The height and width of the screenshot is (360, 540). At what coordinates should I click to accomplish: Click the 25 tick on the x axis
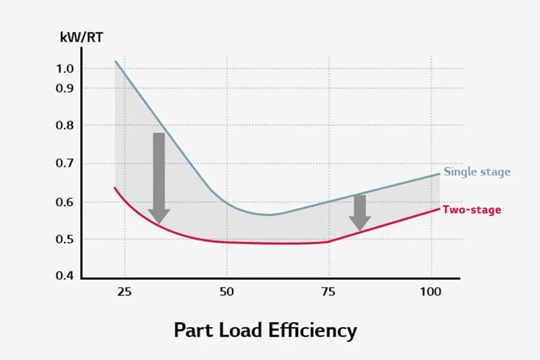(x=124, y=291)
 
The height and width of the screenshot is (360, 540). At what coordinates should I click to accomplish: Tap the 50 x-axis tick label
(x=226, y=291)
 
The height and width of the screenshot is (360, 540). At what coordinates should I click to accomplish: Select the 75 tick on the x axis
(x=329, y=291)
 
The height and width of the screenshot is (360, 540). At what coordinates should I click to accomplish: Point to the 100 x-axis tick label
(x=432, y=291)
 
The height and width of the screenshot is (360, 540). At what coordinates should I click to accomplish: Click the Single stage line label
(x=477, y=172)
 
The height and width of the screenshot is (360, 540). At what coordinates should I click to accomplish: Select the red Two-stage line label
(x=471, y=210)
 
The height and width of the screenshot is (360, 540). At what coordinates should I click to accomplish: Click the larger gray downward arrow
(x=159, y=176)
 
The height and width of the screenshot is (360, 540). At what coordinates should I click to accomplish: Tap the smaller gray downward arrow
(x=360, y=212)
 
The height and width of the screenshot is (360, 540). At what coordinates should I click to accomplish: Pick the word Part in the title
(x=190, y=330)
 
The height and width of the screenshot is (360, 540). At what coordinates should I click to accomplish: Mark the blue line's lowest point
(x=269, y=214)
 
